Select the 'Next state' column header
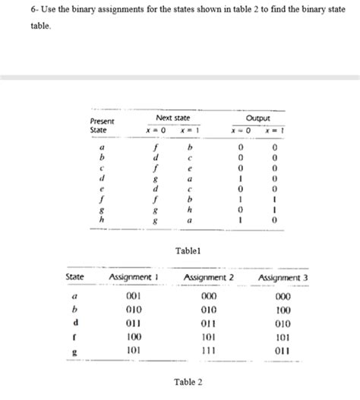tap(172, 119)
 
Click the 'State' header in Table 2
tap(74, 278)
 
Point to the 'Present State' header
tap(102, 125)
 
